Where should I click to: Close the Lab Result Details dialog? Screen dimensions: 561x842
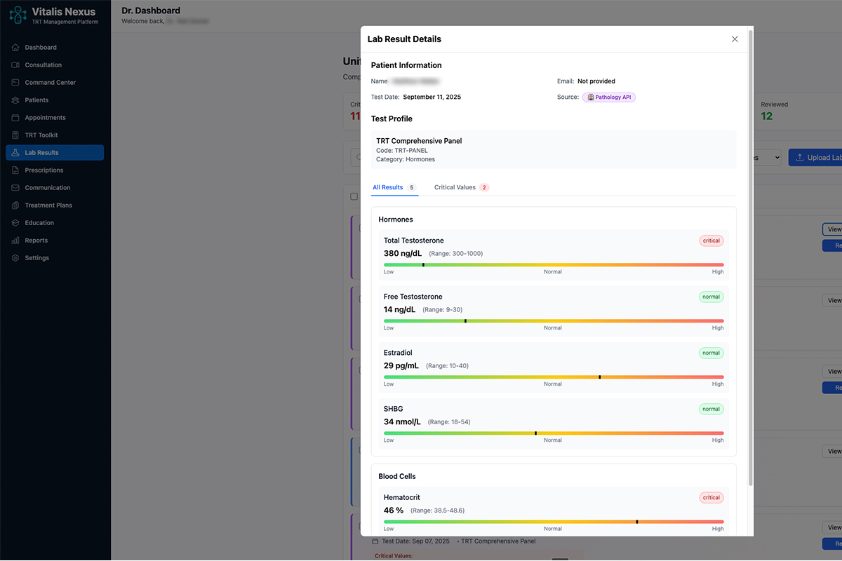(735, 39)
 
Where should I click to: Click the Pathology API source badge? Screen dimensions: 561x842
(609, 97)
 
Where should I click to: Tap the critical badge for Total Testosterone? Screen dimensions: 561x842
(711, 241)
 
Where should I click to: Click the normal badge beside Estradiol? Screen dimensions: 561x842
(711, 353)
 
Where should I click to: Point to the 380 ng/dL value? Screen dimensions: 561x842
(403, 253)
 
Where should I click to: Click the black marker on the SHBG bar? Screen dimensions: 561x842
(535, 433)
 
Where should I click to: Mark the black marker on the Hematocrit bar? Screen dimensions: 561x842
(637, 522)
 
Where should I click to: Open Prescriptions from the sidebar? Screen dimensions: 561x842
(44, 170)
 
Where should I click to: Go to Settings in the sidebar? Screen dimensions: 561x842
(37, 257)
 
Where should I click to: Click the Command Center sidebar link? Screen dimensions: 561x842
(51, 82)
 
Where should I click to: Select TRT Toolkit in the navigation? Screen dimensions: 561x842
(41, 135)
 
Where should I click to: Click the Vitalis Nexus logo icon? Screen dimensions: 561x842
(18, 14)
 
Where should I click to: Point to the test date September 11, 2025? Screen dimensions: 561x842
(432, 97)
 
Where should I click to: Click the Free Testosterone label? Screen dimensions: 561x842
(413, 297)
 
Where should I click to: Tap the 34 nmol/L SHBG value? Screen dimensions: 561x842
(402, 421)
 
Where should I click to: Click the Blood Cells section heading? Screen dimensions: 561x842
(397, 476)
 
